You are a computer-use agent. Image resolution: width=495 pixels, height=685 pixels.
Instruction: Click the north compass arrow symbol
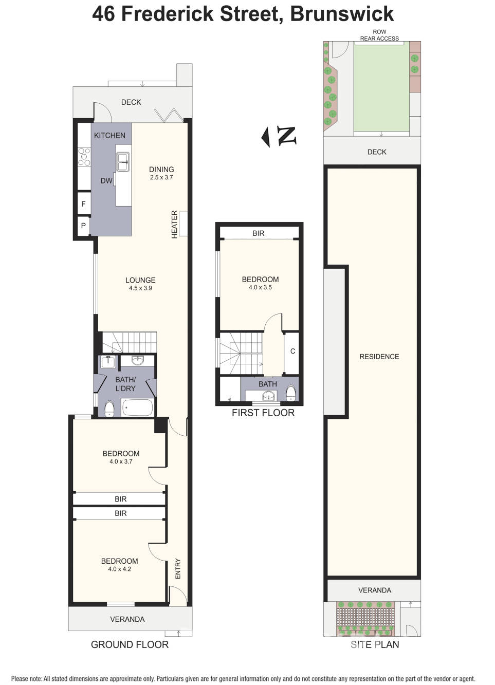click(x=266, y=137)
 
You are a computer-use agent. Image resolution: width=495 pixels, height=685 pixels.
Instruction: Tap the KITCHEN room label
click(x=109, y=136)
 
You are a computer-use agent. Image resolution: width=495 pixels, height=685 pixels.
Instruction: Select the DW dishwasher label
click(x=106, y=181)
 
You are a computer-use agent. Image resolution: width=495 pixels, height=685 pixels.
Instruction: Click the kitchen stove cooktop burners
click(x=84, y=157)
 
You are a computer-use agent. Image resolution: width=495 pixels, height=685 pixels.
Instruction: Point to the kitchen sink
click(x=123, y=162)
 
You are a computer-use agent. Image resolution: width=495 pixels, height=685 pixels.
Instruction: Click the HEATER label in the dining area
click(x=174, y=224)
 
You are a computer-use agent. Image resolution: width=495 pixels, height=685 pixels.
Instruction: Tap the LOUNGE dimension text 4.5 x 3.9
click(x=140, y=288)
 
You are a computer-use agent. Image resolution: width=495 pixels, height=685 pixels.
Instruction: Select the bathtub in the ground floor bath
click(x=137, y=408)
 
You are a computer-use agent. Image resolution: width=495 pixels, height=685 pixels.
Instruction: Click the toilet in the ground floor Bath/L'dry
click(x=109, y=409)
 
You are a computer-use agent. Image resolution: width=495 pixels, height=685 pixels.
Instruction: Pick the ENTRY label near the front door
click(x=178, y=568)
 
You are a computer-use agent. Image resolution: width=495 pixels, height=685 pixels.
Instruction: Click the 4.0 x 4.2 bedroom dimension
click(x=119, y=569)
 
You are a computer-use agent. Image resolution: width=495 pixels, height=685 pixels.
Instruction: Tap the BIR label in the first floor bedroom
click(x=258, y=233)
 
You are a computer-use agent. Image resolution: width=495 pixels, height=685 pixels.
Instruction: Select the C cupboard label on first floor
click(x=292, y=351)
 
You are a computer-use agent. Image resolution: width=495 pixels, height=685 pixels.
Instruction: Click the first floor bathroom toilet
click(x=291, y=393)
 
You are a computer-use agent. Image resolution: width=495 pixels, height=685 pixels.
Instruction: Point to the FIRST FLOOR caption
click(x=263, y=413)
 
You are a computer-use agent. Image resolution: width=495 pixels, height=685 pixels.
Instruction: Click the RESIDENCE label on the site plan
click(x=379, y=357)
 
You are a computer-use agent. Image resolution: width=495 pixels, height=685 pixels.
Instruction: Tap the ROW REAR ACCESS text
click(x=379, y=35)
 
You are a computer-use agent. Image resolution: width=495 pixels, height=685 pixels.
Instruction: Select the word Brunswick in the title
click(x=342, y=14)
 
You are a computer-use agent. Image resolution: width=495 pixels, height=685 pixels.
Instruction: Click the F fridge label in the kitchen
click(x=83, y=204)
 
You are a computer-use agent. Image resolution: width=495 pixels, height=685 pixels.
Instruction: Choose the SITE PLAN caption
click(x=375, y=644)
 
